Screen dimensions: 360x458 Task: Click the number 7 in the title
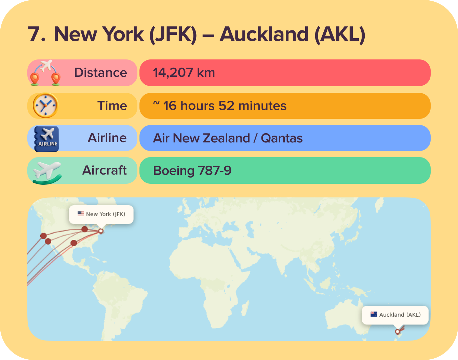[x=36, y=34]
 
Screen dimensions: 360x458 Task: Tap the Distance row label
[x=100, y=73]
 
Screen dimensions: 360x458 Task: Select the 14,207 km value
[x=184, y=73]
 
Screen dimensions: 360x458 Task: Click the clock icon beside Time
[x=45, y=106]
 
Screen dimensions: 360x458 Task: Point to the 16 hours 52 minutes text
[x=225, y=106]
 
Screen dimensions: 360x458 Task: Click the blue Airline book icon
[x=47, y=138]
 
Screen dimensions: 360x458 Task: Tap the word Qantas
[x=282, y=138]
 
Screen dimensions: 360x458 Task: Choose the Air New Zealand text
[x=201, y=138]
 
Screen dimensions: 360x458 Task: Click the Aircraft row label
[x=105, y=170]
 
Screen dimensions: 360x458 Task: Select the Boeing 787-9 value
[x=192, y=170]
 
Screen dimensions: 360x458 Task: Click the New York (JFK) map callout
[x=101, y=214]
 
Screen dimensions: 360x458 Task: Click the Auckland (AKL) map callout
[x=395, y=315]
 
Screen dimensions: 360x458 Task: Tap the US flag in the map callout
[x=81, y=214]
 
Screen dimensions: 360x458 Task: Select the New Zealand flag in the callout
[x=374, y=314]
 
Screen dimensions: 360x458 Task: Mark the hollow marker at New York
[x=101, y=231]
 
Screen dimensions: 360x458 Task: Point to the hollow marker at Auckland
[x=397, y=332]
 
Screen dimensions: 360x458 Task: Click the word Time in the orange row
[x=112, y=106]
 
